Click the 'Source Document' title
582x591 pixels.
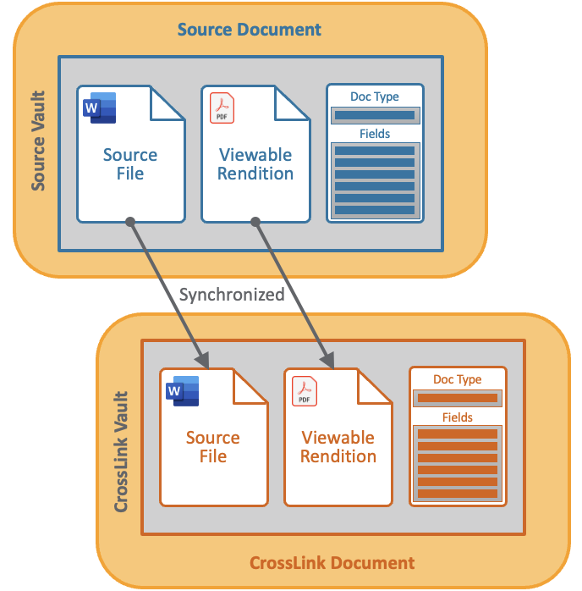coord(250,30)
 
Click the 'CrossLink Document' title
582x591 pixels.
coord(332,563)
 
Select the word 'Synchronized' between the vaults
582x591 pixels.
coord(232,295)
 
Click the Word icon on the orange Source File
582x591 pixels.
coord(183,391)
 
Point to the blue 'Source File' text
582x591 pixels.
coord(130,164)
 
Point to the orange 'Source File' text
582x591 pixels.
coord(213,446)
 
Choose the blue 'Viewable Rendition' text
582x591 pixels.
coord(255,164)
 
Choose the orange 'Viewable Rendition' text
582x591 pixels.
coord(338,446)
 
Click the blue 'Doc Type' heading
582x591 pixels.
coord(375,97)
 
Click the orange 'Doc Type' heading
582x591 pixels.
coord(458,379)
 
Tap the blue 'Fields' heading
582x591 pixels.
coord(375,134)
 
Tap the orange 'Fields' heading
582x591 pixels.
coord(458,417)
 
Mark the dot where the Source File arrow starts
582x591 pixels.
coord(130,222)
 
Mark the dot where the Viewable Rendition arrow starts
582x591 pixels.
coord(255,222)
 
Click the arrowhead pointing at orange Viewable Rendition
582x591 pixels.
coord(330,362)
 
